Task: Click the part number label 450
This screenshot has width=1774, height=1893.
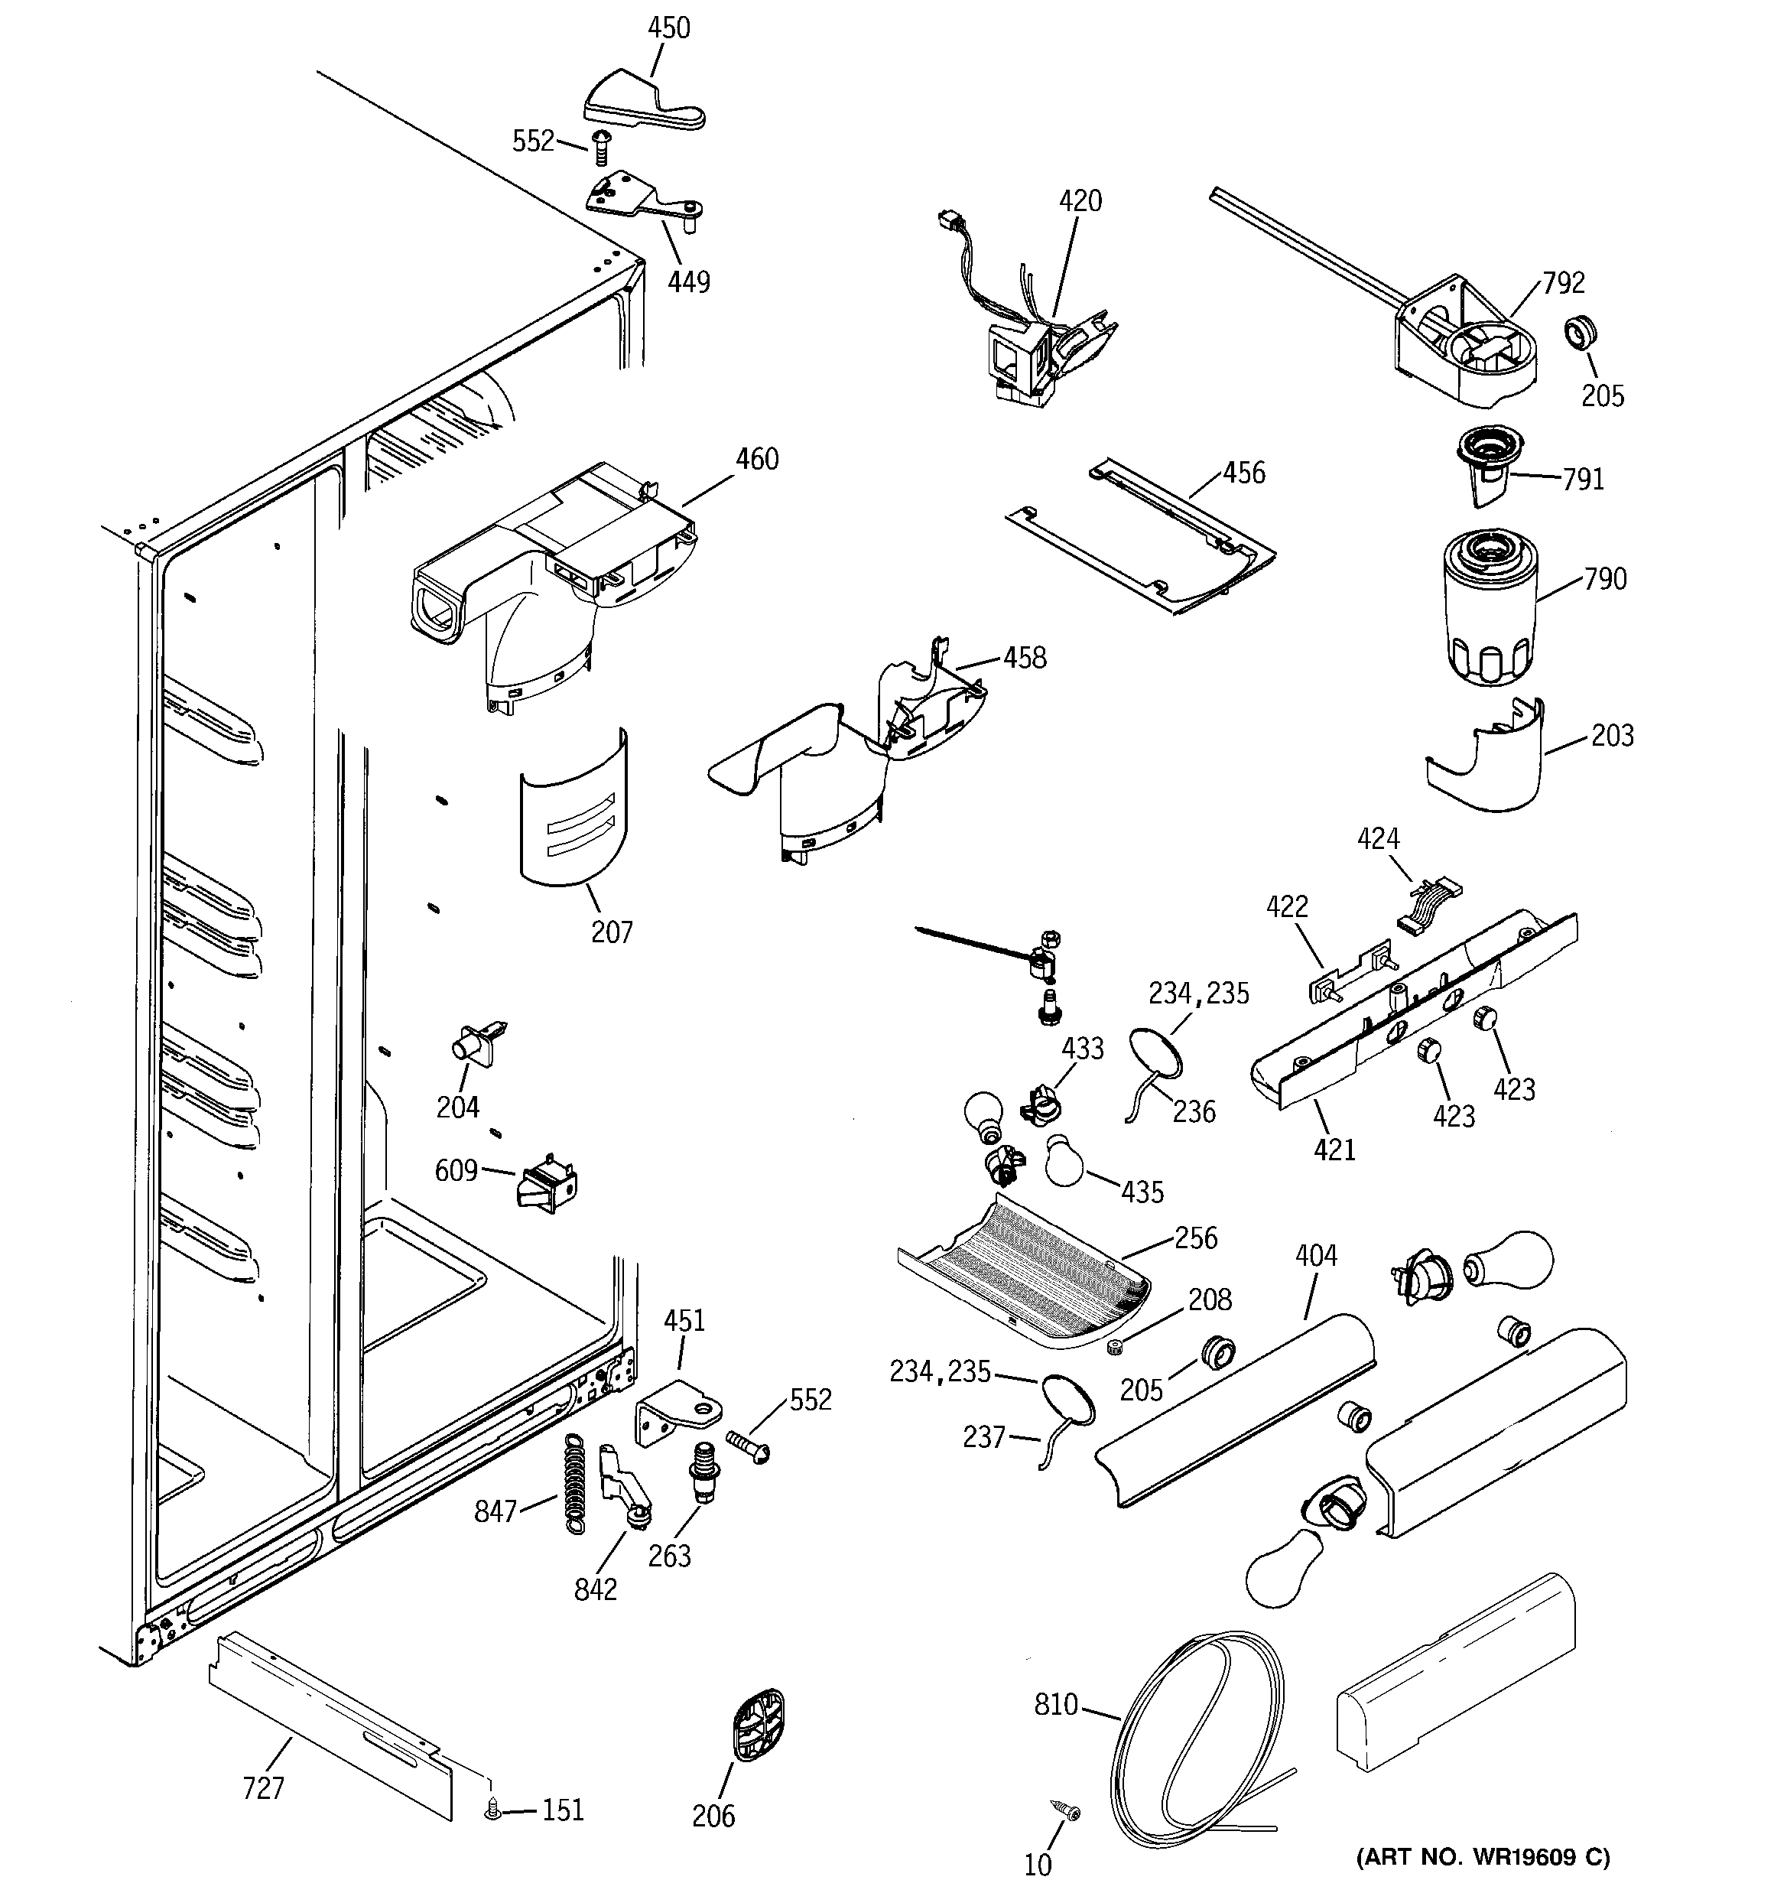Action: pos(668,28)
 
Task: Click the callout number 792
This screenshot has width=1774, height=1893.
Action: pos(1564,283)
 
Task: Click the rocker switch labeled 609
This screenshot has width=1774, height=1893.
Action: pos(547,1182)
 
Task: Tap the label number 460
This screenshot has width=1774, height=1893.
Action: pos(757,460)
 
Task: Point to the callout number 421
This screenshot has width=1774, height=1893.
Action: pos(1334,1150)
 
